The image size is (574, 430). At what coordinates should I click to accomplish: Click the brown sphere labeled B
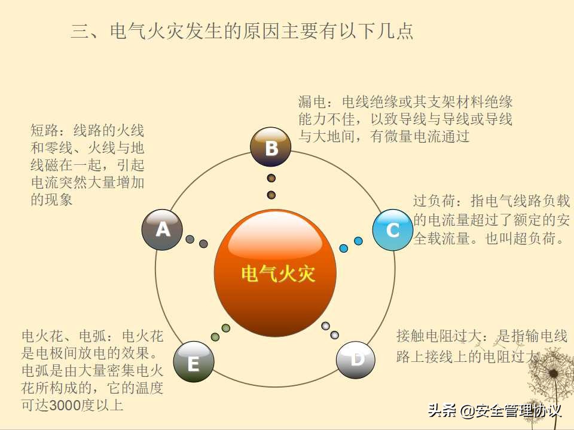pos(270,147)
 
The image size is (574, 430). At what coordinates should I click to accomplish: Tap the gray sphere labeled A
pos(162,230)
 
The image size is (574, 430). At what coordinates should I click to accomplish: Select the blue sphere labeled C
pos(393,230)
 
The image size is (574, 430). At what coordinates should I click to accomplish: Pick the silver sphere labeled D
pos(356,360)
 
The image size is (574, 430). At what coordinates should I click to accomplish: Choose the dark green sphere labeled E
pos(193,362)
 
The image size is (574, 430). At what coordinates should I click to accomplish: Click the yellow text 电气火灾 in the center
pos(278,274)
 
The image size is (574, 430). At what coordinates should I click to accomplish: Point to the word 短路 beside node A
pos(44,130)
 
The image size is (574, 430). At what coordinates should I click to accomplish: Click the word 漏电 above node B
pos(312,102)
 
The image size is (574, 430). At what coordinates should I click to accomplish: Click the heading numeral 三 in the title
pos(80,31)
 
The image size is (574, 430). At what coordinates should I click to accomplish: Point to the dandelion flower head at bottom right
pos(552,374)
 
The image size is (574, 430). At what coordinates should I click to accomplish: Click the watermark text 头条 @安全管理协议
pos(494,411)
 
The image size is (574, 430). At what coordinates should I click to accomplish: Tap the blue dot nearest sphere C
pos(358,241)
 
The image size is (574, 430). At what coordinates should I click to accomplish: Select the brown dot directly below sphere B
pos(271,178)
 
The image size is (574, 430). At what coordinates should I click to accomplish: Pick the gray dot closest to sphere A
pos(190,239)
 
